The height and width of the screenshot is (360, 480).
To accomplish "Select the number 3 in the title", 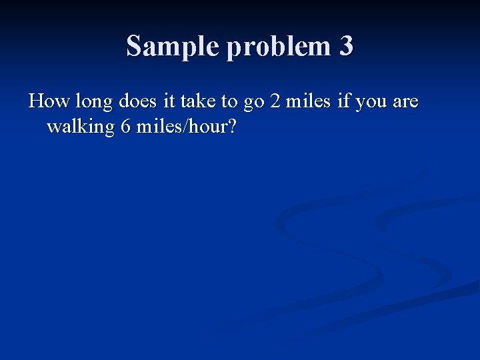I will pos(345,47).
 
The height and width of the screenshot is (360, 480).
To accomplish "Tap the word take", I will pos(198,102).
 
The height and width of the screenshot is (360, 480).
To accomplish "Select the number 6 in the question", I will pos(125,126).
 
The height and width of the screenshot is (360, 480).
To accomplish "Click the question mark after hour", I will pos(232,126).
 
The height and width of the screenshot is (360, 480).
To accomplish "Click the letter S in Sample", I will pos(134,47).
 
